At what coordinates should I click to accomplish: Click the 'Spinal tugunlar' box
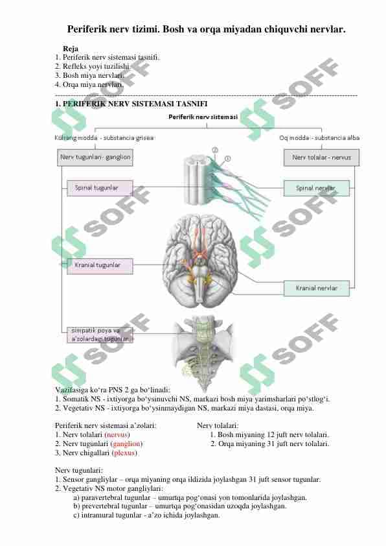pos(100,188)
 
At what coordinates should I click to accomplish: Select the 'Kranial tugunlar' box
pos(100,266)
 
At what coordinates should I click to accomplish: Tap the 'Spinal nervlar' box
pos(317,189)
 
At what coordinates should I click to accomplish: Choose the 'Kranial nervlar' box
pos(317,289)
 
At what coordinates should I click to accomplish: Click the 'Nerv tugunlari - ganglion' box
pos(95,158)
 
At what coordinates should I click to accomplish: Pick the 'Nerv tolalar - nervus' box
pos(322,158)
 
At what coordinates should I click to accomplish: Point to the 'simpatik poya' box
pos(100,335)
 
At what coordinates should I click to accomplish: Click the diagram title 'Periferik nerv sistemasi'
pos(203,117)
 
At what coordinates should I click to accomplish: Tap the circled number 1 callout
pos(227,159)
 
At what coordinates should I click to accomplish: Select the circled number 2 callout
pos(215,150)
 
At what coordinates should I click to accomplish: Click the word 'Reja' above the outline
pos(70,49)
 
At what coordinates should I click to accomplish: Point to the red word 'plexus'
pos(124,453)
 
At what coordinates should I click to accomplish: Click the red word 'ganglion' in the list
pos(126,444)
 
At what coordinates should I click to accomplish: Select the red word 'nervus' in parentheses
pos(117,434)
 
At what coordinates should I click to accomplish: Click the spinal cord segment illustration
pos(196,180)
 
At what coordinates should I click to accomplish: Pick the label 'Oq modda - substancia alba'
pos(319,138)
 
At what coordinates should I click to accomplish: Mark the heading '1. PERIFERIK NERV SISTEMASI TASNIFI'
pos(131,104)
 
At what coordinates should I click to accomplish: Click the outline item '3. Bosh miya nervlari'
pos(89,75)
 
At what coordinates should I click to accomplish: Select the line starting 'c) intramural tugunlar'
pos(146,515)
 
